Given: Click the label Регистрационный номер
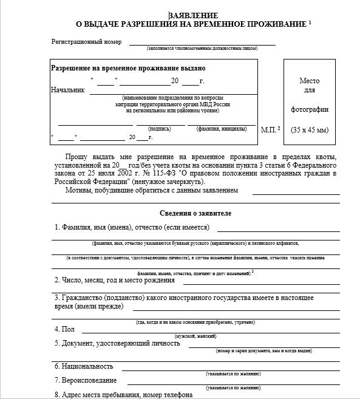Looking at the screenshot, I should [x=86, y=42].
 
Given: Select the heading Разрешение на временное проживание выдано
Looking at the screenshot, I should [x=128, y=68].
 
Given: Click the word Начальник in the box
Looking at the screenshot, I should [x=68, y=90].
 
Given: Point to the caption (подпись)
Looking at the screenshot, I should [x=160, y=129].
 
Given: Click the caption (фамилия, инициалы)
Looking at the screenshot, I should [x=221, y=129].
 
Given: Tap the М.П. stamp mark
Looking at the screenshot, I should [x=270, y=129].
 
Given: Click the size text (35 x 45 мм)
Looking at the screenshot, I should [x=309, y=129].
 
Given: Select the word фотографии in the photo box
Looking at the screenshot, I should [x=310, y=109].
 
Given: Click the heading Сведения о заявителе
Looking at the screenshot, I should [x=195, y=213].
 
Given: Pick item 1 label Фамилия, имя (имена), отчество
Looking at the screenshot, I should [x=132, y=228].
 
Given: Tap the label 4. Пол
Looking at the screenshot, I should [x=64, y=329].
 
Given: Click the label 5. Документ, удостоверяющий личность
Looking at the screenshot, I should [x=117, y=343].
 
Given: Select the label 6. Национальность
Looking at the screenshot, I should [x=84, y=366].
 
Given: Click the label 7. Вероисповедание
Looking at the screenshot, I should [x=85, y=380].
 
